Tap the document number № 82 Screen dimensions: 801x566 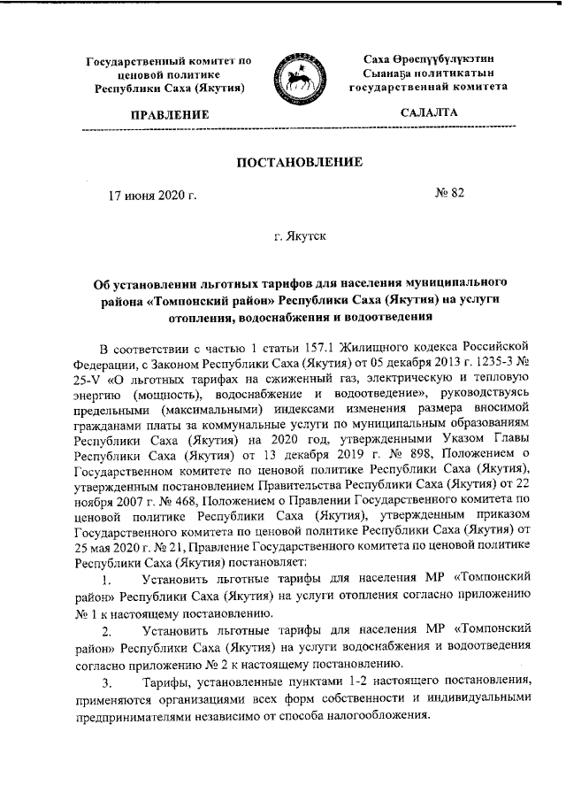(449, 192)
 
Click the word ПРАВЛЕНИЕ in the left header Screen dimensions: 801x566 (170, 115)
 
